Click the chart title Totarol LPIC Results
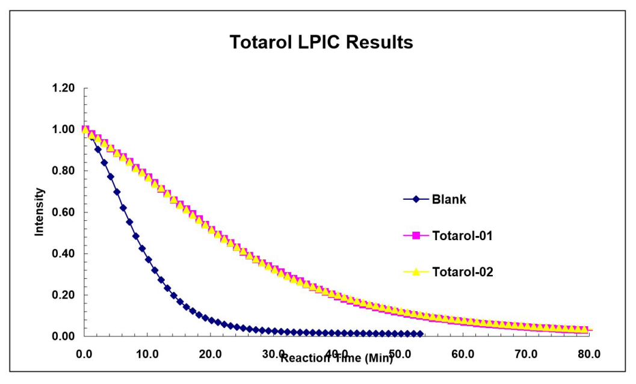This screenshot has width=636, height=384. tap(321, 42)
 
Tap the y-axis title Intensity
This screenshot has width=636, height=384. tap(39, 212)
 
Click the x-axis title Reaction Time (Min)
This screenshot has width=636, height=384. tap(337, 358)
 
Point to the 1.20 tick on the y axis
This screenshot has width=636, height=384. tap(63, 88)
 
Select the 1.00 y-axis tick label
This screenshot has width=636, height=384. tap(63, 129)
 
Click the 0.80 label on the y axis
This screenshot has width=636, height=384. tap(63, 170)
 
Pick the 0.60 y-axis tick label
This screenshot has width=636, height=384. tap(63, 212)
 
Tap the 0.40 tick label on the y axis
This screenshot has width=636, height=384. tap(63, 253)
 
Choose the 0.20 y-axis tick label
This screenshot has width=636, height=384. tap(63, 295)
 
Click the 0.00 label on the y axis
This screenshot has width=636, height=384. tap(63, 336)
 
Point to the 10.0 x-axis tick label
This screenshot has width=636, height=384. tap(147, 354)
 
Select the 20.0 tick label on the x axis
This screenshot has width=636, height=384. tap(211, 354)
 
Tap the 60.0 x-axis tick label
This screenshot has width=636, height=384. tap(463, 354)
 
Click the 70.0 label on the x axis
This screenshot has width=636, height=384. tap(526, 354)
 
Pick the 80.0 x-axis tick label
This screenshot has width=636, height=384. tap(589, 354)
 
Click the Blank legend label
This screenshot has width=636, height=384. tap(449, 199)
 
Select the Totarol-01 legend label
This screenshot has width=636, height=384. tap(462, 235)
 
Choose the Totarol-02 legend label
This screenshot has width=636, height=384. tap(462, 271)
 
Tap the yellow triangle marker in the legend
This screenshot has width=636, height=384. tap(416, 271)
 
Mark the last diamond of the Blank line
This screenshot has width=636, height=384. tap(420, 333)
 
